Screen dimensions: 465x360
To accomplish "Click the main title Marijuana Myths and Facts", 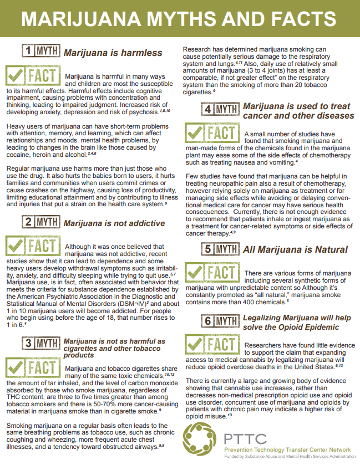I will click(180, 18).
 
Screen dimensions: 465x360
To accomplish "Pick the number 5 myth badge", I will click(219, 249).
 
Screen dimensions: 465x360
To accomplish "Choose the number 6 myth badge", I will click(219, 321).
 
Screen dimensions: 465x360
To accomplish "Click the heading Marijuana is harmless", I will click(113, 53).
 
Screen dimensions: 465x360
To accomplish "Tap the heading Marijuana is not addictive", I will click(114, 223).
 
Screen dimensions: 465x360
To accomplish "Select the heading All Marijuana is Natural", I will click(295, 249).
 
